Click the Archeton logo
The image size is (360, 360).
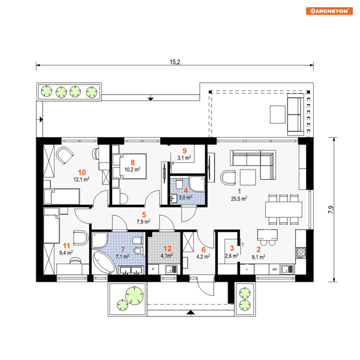tap(329, 11)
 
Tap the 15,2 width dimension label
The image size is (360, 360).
tap(175, 62)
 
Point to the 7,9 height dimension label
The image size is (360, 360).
tap(331, 209)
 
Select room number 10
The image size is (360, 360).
tap(82, 172)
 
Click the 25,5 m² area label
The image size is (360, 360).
tap(239, 199)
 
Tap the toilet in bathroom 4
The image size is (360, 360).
tap(179, 184)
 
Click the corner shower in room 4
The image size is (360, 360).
tap(197, 184)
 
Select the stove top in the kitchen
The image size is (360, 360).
tap(301, 253)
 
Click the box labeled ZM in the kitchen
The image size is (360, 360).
tap(274, 269)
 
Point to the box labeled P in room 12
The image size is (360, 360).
tap(153, 269)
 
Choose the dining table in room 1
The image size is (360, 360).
tap(284, 209)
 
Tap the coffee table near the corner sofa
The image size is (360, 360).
tap(248, 177)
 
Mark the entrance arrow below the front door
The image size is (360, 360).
tap(191, 312)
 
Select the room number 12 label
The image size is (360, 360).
tap(168, 249)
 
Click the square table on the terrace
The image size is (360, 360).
tap(278, 114)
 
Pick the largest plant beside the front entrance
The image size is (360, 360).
tap(134, 296)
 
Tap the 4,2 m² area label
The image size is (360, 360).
tap(203, 257)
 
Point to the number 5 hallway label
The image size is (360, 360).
tap(144, 215)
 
